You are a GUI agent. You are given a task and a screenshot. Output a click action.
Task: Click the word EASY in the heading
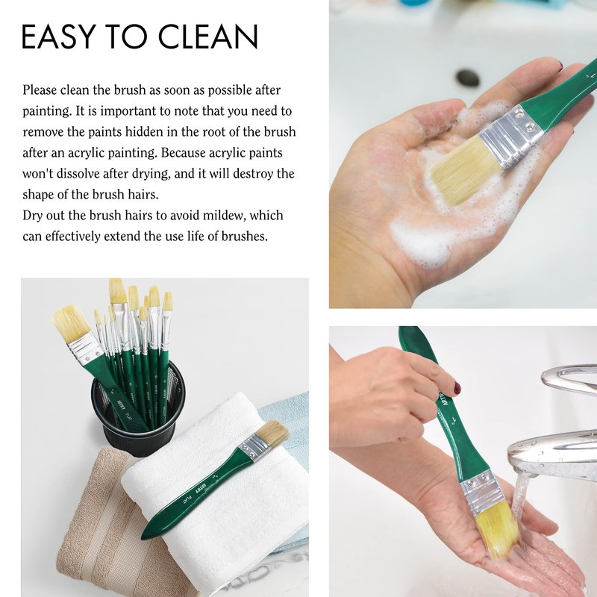58,37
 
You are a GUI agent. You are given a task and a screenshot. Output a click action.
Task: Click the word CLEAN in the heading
208,37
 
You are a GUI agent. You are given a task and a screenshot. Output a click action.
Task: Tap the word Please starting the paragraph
40,90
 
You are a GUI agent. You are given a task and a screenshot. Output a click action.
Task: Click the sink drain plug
468,78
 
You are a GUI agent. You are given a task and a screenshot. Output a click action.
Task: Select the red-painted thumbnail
457,388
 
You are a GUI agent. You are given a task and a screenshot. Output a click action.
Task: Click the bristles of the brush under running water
497,528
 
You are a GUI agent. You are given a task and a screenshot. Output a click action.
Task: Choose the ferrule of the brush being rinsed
481,492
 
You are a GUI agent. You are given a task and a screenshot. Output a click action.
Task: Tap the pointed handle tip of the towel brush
143,537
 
